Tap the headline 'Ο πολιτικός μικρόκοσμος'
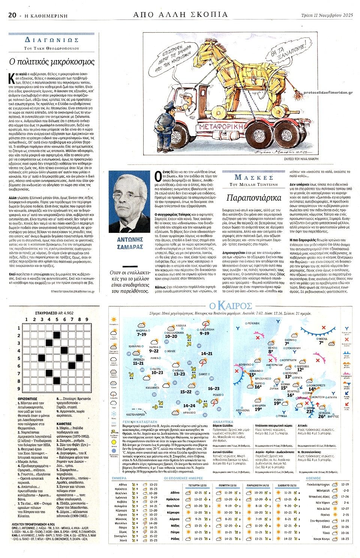pos(52,62)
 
